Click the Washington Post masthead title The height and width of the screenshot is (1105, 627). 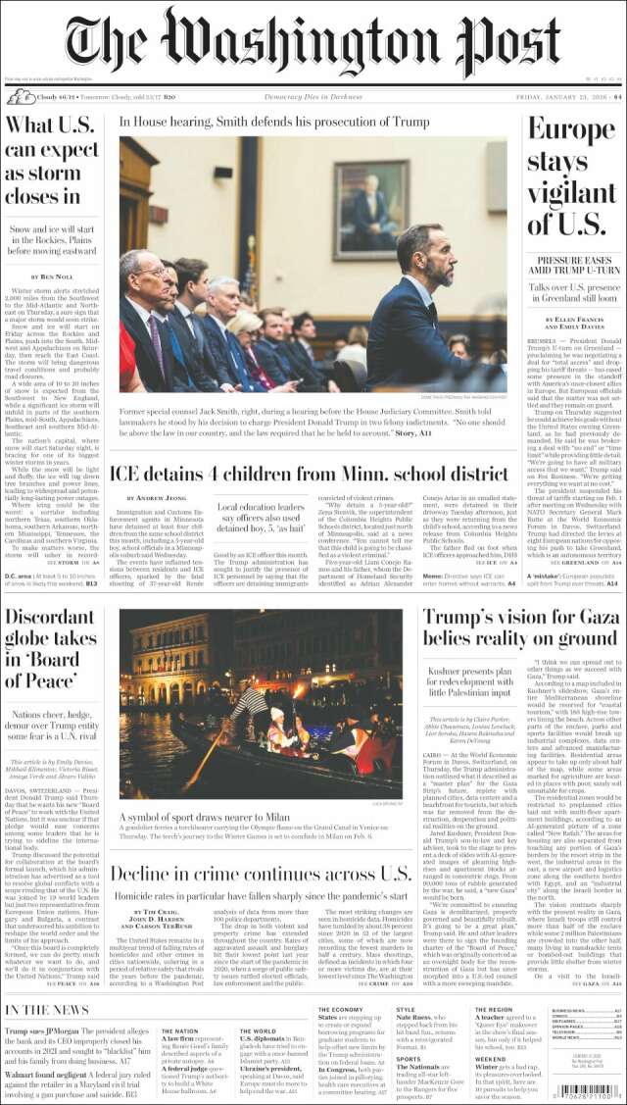[x=313, y=41]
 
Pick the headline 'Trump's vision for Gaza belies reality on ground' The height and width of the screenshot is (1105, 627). [x=520, y=627]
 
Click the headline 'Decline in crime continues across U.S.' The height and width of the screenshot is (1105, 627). [x=260, y=875]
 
